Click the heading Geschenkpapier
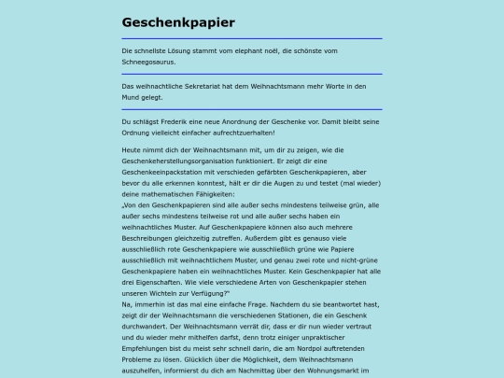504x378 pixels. pos(177,22)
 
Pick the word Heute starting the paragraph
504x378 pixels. pos(133,149)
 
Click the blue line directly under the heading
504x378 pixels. pos(252,39)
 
